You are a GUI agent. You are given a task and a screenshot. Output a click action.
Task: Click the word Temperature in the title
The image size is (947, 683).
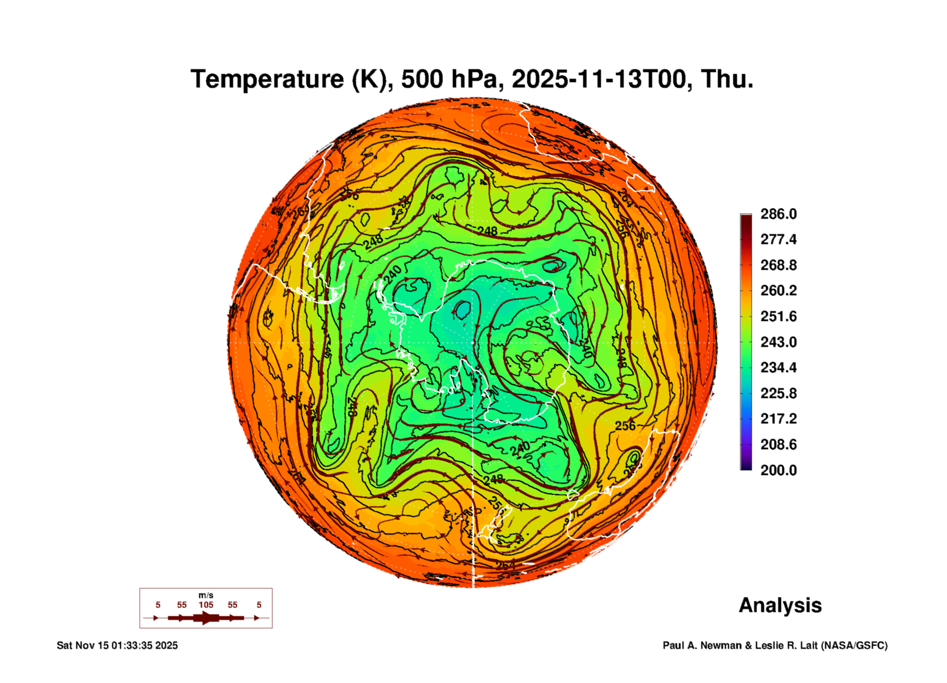[267, 80]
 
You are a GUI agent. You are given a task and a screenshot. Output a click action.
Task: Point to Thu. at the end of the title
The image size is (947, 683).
[727, 80]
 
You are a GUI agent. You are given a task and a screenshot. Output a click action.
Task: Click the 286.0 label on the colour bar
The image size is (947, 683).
[778, 214]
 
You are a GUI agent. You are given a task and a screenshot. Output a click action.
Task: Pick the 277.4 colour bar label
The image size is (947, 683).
[778, 239]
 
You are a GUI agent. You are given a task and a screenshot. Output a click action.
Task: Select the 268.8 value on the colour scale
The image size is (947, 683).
[778, 265]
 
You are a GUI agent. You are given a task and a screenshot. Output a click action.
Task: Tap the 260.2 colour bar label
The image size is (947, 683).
[778, 291]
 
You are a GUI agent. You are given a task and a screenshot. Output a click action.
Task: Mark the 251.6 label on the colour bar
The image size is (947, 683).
[778, 316]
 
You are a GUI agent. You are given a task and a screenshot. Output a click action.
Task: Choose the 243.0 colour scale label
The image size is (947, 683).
[778, 342]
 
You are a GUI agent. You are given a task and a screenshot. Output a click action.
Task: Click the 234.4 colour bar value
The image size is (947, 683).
[778, 368]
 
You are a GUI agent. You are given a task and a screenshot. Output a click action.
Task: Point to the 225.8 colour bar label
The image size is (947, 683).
[778, 393]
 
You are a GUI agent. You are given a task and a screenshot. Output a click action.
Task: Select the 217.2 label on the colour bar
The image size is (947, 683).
[778, 419]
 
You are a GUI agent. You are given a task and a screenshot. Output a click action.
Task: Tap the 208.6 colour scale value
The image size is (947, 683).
[778, 445]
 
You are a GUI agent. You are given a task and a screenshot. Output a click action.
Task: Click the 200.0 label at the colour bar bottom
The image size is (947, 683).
[778, 470]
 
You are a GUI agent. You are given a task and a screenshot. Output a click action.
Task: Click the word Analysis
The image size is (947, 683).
[780, 606]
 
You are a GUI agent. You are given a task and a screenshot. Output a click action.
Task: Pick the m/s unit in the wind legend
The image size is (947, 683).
[206, 595]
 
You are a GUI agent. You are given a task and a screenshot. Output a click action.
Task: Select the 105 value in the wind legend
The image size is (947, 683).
[206, 605]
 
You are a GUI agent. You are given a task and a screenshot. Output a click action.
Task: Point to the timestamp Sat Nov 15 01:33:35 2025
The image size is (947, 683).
[117, 645]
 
